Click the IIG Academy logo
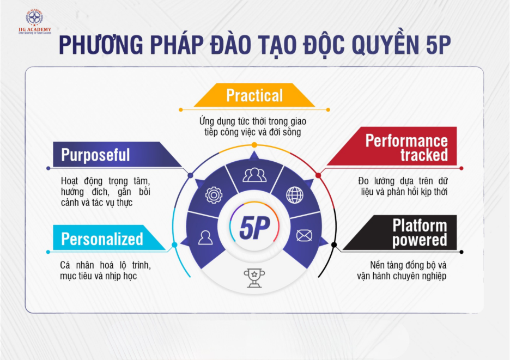(x=35, y=21)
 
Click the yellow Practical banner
(x=254, y=95)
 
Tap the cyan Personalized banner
(x=108, y=237)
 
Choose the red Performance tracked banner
(x=392, y=146)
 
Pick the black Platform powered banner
(x=400, y=233)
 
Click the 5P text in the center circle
(x=254, y=227)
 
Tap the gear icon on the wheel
(x=214, y=195)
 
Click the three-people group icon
(x=254, y=175)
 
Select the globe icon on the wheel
(x=295, y=195)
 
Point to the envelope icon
(x=304, y=235)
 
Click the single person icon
(x=205, y=237)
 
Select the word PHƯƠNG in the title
(x=101, y=44)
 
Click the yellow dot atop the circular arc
(x=254, y=145)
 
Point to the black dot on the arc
(x=334, y=245)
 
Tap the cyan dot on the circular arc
(x=174, y=245)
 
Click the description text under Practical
(x=253, y=126)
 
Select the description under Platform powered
(x=402, y=271)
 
